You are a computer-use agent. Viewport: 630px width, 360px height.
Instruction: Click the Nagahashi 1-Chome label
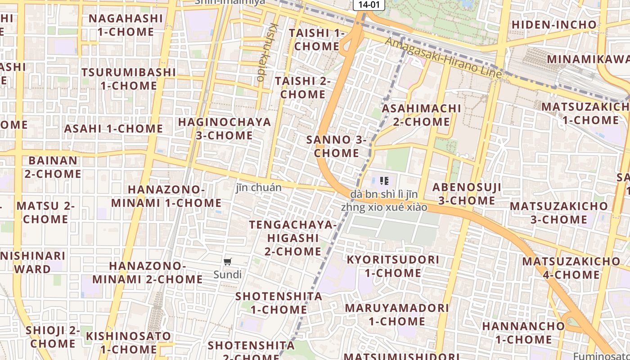coord(126,25)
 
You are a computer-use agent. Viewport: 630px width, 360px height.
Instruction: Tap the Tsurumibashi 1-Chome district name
coord(129,79)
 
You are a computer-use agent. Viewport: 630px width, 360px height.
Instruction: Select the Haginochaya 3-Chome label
coord(225,129)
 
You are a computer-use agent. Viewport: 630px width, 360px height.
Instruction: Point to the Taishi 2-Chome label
coord(303,88)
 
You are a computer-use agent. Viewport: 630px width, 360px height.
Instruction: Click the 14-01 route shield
coord(369,4)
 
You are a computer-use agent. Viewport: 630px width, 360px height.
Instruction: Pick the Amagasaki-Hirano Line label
coord(443,58)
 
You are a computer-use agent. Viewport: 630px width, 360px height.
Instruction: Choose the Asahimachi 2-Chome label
coord(421,115)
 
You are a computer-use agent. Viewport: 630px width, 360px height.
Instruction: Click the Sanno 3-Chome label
coord(337,146)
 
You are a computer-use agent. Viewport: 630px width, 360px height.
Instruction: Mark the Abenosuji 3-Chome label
coord(467,194)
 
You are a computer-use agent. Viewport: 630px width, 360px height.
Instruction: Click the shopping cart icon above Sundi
coord(228,261)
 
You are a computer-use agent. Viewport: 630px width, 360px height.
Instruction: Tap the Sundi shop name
coord(228,274)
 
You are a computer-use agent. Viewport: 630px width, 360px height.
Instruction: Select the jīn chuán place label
coord(259,188)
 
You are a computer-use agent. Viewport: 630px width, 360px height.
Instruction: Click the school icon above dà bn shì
coord(384,181)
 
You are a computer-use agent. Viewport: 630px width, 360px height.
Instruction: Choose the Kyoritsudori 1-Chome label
coord(393,266)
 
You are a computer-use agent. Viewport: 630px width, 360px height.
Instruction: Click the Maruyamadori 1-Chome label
coord(397,315)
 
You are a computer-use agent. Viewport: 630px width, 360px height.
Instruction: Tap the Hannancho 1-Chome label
coord(523,333)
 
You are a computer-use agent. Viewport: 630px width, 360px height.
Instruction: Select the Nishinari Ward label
coord(32,262)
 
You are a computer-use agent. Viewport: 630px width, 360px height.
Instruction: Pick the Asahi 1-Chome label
coord(113,129)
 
